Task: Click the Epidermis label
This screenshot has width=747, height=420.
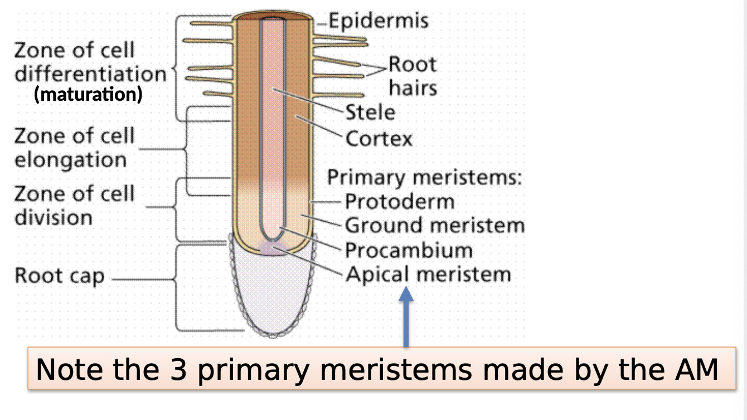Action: [x=379, y=21]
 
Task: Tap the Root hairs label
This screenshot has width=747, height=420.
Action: [x=413, y=76]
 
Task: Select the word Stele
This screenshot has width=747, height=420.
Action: [x=370, y=112]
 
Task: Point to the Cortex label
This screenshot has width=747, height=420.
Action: [x=379, y=139]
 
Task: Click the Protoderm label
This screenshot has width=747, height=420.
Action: [x=400, y=202]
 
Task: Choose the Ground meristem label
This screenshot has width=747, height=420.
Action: [x=435, y=226]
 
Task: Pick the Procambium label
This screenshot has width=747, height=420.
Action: [x=409, y=250]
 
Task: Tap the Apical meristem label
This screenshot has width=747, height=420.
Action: [x=429, y=275]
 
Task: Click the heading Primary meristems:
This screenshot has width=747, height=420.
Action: [x=424, y=177]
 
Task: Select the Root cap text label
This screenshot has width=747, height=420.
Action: [x=60, y=276]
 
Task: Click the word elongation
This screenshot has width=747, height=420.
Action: [x=71, y=160]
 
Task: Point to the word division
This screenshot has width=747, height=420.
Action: [x=54, y=217]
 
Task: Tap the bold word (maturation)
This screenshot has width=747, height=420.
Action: [x=89, y=94]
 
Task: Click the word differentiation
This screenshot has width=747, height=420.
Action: [x=91, y=74]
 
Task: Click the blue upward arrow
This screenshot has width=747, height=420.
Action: [x=406, y=316]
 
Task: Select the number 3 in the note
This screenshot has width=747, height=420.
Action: [x=178, y=369]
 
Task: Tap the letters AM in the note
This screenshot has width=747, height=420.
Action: [x=696, y=369]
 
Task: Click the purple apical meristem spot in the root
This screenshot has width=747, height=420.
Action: [x=273, y=248]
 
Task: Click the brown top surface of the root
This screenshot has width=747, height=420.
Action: [x=273, y=16]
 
